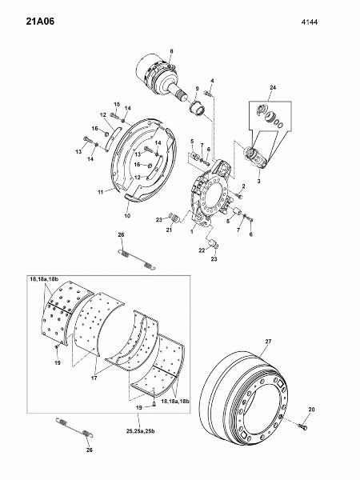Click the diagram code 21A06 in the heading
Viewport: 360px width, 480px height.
click(x=40, y=22)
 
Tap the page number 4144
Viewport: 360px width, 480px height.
click(x=310, y=22)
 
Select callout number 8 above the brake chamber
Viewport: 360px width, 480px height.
click(x=171, y=51)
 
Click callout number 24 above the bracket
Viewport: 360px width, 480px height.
click(x=273, y=87)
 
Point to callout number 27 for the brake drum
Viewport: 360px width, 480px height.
click(x=269, y=341)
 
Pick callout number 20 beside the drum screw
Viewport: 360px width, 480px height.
click(x=312, y=410)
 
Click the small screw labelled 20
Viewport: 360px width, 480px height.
click(x=303, y=426)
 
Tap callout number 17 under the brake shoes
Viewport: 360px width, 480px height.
click(x=94, y=378)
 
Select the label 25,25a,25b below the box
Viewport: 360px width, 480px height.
click(x=140, y=431)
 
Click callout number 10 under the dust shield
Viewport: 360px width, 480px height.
click(x=127, y=215)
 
